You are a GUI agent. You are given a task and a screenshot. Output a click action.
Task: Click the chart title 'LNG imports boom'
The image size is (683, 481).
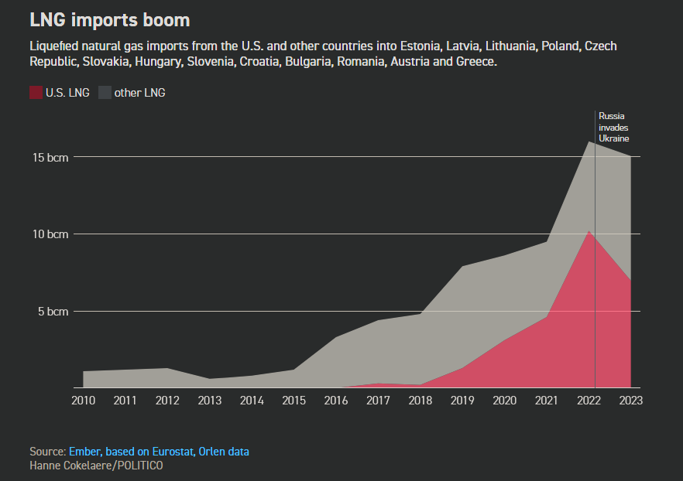pyautogui.click(x=109, y=19)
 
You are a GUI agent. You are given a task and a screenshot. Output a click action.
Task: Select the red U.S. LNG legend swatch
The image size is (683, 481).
pyautogui.click(x=36, y=93)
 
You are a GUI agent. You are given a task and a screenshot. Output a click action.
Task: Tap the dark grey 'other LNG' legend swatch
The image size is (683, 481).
pyautogui.click(x=105, y=93)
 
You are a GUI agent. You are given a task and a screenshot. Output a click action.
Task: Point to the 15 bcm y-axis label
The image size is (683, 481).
pyautogui.click(x=50, y=157)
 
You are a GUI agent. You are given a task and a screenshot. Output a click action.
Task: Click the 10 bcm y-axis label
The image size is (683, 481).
pyautogui.click(x=50, y=234)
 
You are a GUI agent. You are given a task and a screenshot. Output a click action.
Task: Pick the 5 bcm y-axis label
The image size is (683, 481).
pyautogui.click(x=53, y=312)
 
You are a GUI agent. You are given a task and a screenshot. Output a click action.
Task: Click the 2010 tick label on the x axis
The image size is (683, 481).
pyautogui.click(x=83, y=401)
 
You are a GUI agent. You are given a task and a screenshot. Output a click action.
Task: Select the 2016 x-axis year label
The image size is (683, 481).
pyautogui.click(x=335, y=401)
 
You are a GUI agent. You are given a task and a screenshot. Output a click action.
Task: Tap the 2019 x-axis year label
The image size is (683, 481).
pyautogui.click(x=462, y=401)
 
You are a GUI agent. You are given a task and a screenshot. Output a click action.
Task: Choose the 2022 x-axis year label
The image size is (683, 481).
pyautogui.click(x=589, y=401)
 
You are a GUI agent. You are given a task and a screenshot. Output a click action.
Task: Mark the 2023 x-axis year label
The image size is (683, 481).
pyautogui.click(x=630, y=401)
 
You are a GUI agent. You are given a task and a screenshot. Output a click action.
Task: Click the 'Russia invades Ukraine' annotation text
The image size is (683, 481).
pyautogui.click(x=613, y=127)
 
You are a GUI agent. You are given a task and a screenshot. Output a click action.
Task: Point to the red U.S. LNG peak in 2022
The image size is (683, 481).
pyautogui.click(x=589, y=231)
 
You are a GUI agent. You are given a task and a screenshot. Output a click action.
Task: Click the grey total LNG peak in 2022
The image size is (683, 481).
pyautogui.click(x=589, y=142)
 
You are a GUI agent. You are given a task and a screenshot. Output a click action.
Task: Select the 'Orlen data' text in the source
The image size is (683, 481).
pyautogui.click(x=225, y=452)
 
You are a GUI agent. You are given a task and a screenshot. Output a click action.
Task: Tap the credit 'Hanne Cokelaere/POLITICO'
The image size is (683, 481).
pyautogui.click(x=96, y=466)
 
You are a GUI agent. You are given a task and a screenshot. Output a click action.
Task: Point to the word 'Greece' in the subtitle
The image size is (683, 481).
pyautogui.click(x=476, y=61)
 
